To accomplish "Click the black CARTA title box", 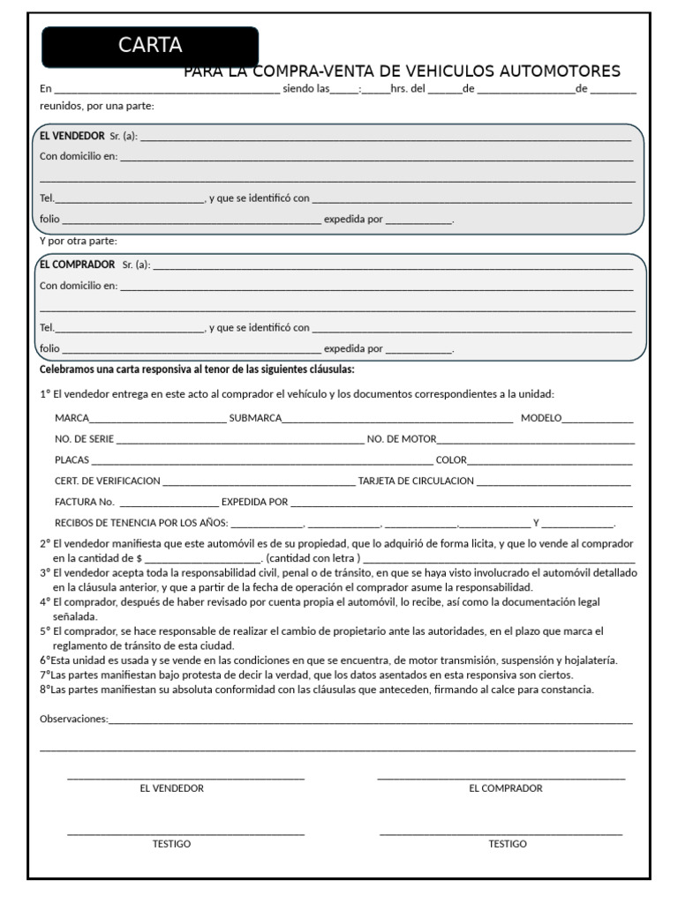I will coord(150,47).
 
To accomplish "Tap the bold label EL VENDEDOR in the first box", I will coord(72,136).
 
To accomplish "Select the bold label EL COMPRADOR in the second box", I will coord(78,265).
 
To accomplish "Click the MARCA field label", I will coord(72,418).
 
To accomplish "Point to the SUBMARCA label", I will coord(255,418).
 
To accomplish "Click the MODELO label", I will coord(540,418).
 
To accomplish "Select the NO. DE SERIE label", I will coord(84,439).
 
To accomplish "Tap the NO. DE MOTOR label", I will coord(402,439).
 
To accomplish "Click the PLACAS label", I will coord(72,460).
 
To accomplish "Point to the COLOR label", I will coord(451,460).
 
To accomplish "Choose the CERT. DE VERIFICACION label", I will coord(108,481).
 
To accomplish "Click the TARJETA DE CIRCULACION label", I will coord(416,481).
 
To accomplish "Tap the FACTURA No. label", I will coord(85,503).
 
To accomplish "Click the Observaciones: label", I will coord(74,720).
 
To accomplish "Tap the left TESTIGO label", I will coord(171,844).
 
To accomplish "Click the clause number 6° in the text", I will coord(45,660).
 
